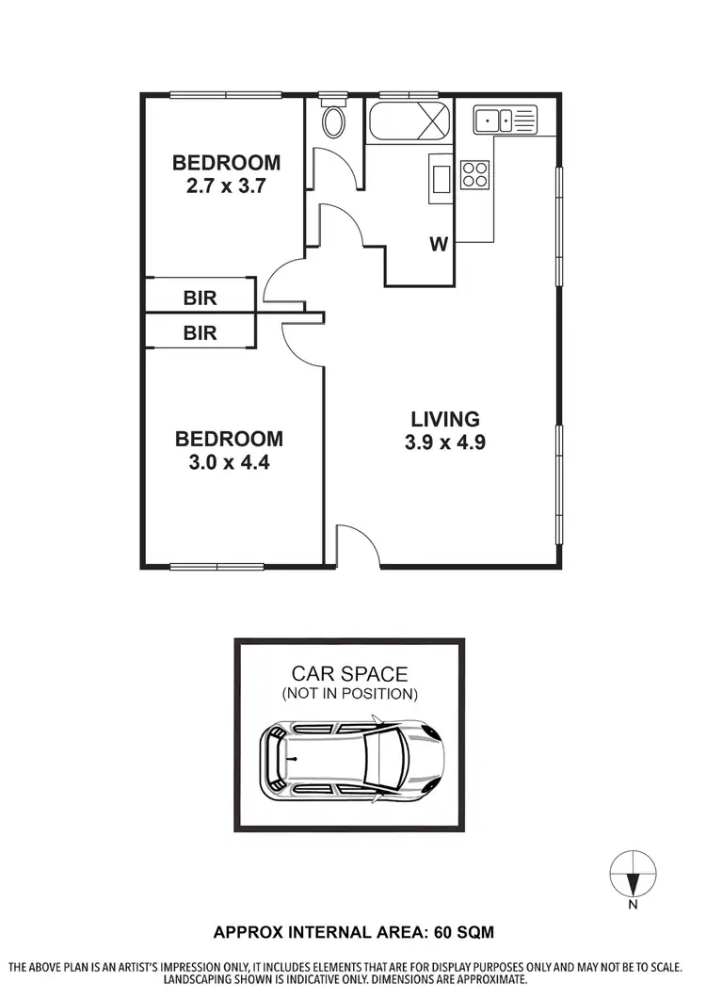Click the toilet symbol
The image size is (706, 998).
click(333, 121)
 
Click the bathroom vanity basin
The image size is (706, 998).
click(441, 177)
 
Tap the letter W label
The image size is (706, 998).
click(439, 245)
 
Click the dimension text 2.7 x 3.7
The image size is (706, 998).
click(226, 185)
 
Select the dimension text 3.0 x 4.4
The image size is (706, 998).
click(229, 462)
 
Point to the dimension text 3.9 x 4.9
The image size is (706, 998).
click(444, 443)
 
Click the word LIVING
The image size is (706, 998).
click(444, 419)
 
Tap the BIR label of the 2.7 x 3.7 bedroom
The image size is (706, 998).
click(200, 298)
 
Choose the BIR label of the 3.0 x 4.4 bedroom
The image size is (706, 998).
click(200, 332)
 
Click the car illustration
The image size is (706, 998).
click(350, 760)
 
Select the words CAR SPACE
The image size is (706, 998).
click(349, 674)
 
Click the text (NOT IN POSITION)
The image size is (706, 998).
click(349, 695)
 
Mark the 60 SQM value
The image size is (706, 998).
click(461, 932)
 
